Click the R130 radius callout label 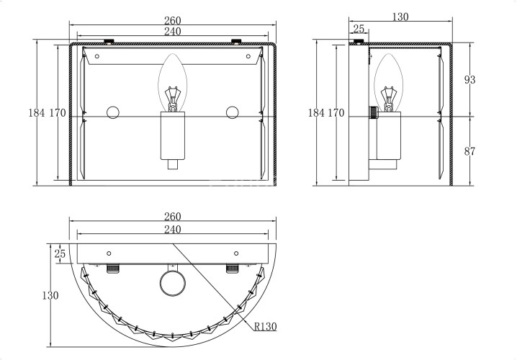click(x=266, y=326)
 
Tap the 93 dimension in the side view click(x=470, y=79)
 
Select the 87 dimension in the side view click(x=470, y=151)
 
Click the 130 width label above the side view click(x=400, y=17)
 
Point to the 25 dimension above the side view click(x=359, y=29)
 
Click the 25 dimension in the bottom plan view click(x=60, y=253)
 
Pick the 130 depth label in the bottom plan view click(x=50, y=295)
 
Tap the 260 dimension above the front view click(x=173, y=20)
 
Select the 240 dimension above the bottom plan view click(x=173, y=229)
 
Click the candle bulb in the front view click(x=172, y=82)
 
